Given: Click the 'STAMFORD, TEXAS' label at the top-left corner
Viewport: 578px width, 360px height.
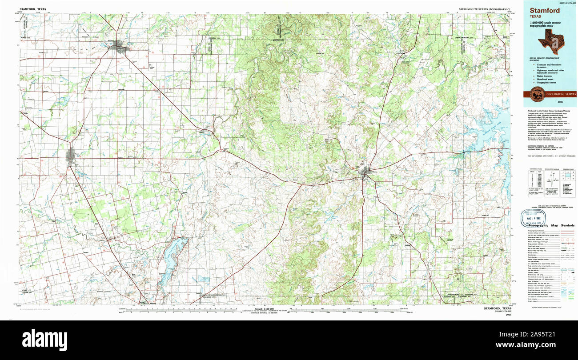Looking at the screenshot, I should pos(32,8).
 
